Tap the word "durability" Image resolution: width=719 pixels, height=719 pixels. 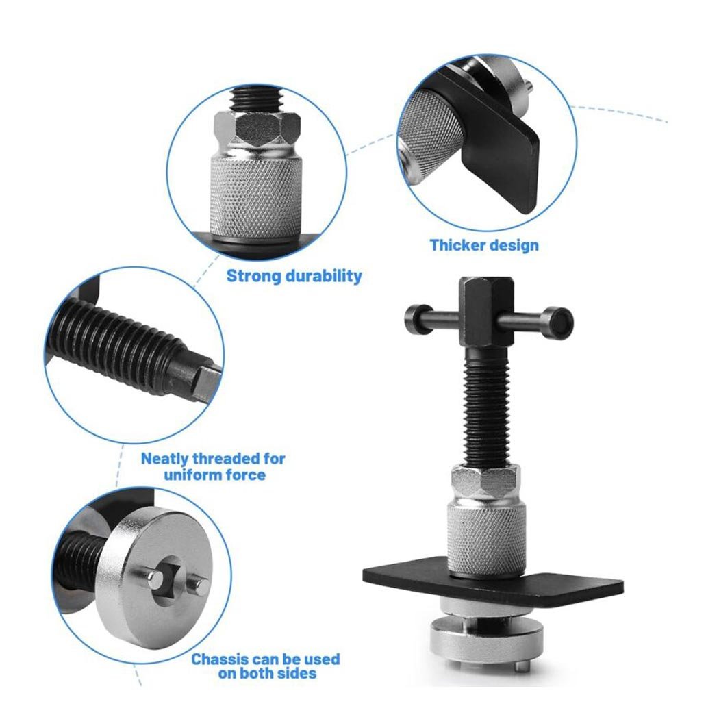324,276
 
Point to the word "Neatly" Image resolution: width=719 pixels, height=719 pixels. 164,459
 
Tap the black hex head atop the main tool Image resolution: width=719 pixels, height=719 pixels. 486,311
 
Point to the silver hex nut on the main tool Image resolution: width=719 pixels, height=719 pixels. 485,481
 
